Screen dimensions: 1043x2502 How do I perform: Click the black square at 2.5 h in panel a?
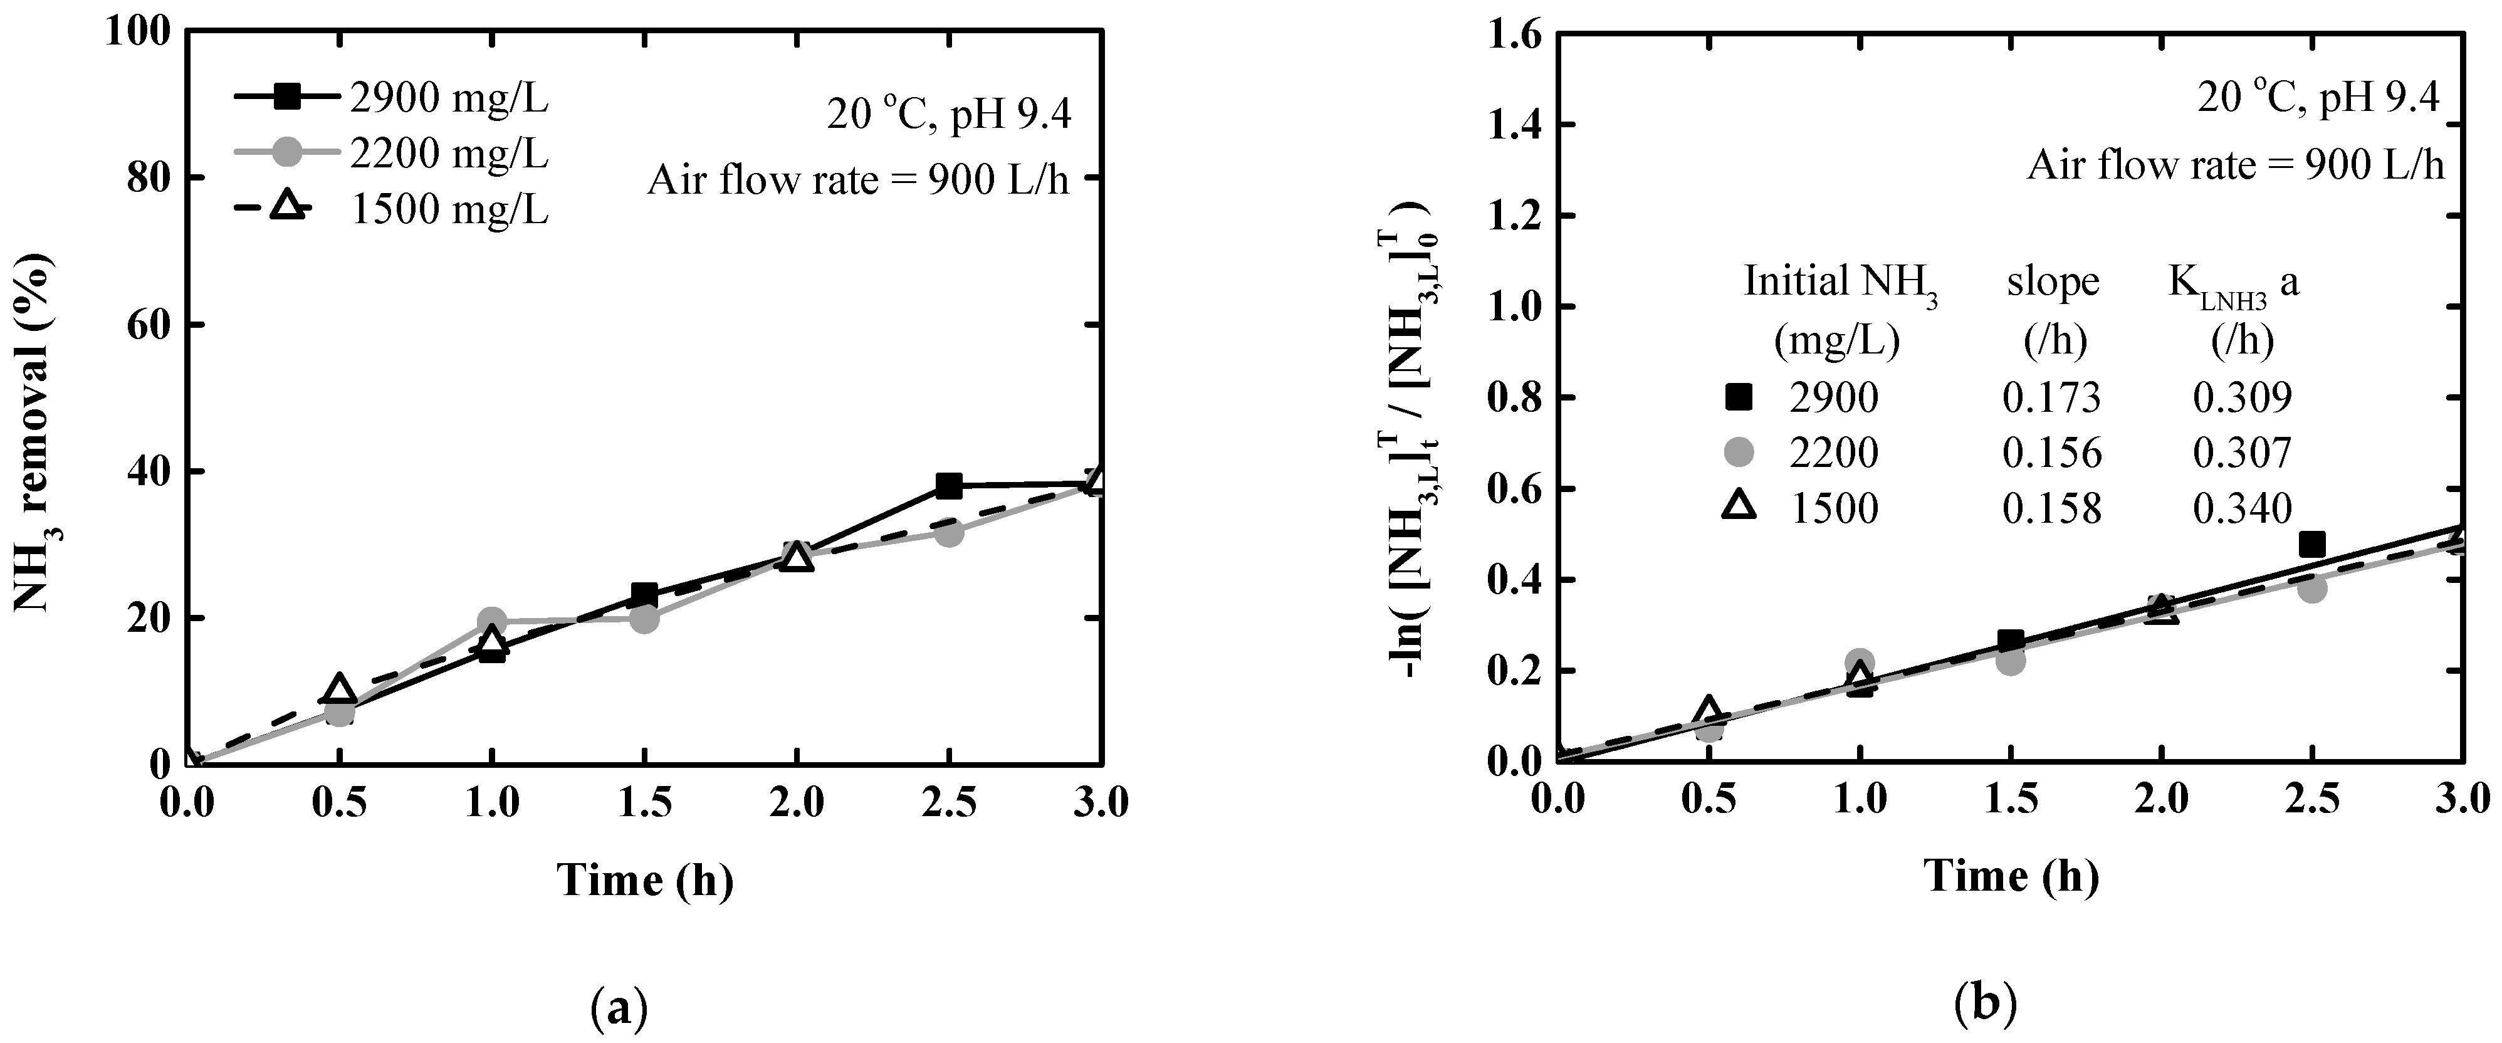tap(949, 486)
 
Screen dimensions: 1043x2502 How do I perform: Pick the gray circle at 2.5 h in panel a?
tap(949, 532)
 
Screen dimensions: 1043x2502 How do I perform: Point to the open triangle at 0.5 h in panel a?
tap(339, 688)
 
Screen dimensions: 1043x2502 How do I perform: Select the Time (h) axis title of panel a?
tap(645, 880)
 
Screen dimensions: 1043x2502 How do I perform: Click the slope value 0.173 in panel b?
tap(2051, 396)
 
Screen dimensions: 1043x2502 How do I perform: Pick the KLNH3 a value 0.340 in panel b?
tap(2243, 508)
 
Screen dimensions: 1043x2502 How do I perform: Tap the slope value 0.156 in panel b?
tap(2051, 453)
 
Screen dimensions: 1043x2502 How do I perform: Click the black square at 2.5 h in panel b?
tap(2313, 544)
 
